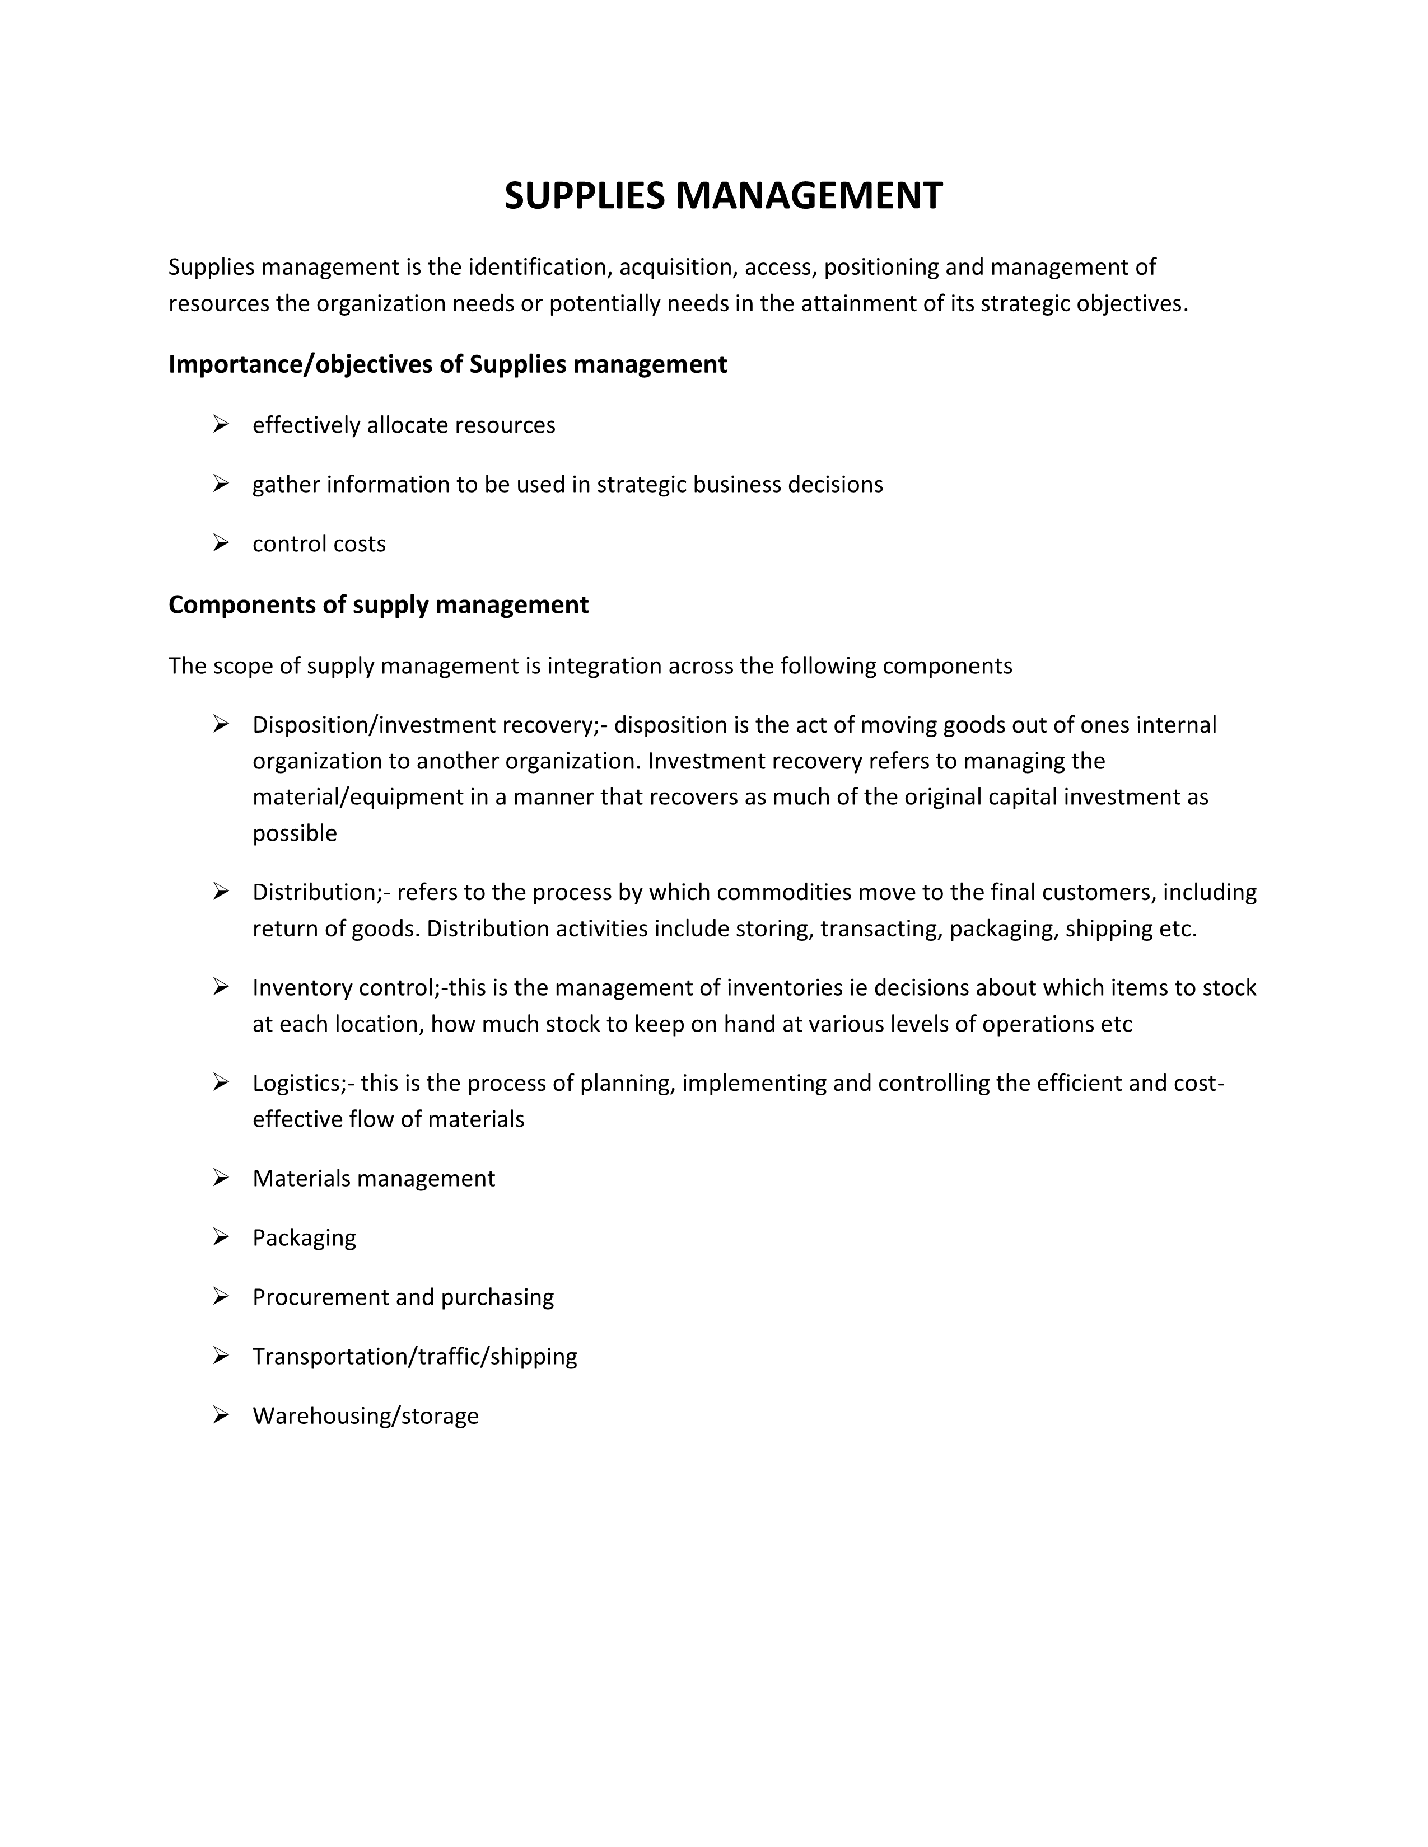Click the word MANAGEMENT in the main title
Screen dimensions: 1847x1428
(808, 196)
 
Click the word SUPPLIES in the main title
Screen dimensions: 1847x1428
(585, 196)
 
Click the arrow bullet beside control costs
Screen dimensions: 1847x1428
(221, 543)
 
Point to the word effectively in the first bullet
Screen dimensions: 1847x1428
(306, 425)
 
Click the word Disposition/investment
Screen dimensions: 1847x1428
(373, 725)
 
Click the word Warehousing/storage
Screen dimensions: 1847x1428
(366, 1415)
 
